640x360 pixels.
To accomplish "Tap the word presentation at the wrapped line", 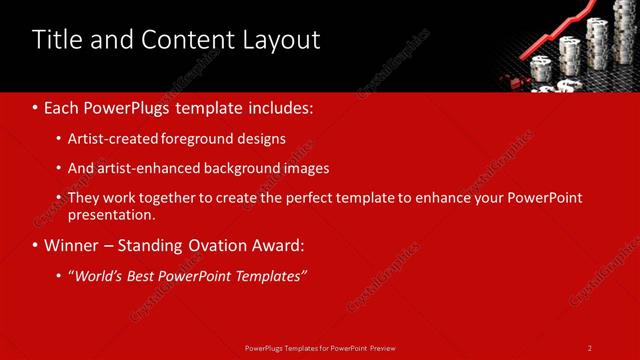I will pos(110,214).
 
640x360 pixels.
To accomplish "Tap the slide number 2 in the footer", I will pos(589,347).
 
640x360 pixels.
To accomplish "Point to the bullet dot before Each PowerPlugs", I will pos(35,106).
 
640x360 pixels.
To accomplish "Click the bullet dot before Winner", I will pos(35,245).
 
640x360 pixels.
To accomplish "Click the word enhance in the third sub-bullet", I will pos(441,198).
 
